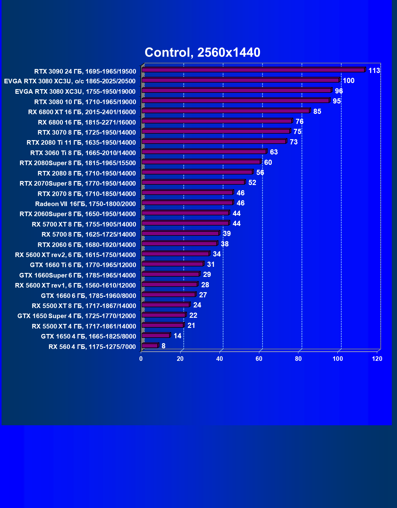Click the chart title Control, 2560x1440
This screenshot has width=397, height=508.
pyautogui.click(x=202, y=53)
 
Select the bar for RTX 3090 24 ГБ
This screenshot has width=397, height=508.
pyautogui.click(x=253, y=70)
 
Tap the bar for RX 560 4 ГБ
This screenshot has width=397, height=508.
pyautogui.click(x=150, y=346)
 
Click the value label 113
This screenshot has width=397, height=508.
pyautogui.click(x=374, y=71)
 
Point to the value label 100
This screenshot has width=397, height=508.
pyautogui.click(x=348, y=81)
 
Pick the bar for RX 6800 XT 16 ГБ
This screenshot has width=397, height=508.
pyautogui.click(x=226, y=111)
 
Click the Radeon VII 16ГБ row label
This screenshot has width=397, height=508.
pyautogui.click(x=85, y=204)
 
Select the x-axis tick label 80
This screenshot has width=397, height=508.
pyautogui.click(x=298, y=359)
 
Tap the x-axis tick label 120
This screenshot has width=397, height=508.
pyautogui.click(x=377, y=359)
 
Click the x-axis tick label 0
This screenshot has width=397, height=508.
pyautogui.click(x=141, y=359)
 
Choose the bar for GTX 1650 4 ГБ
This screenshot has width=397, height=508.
pyautogui.click(x=156, y=336)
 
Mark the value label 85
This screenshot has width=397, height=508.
pyautogui.click(x=317, y=111)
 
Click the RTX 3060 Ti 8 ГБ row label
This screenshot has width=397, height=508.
pyautogui.click(x=83, y=153)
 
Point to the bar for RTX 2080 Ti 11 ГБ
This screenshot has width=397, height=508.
pyautogui.click(x=214, y=141)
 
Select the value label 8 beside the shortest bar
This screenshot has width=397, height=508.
pyautogui.click(x=163, y=346)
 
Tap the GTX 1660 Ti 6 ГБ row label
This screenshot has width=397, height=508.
pyautogui.click(x=83, y=265)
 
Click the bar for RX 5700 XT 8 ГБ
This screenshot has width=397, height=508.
pyautogui.click(x=185, y=223)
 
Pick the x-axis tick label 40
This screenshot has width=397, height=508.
pyautogui.click(x=220, y=359)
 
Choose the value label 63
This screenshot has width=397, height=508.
pyautogui.click(x=274, y=152)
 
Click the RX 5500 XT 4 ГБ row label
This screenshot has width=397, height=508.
pyautogui.click(x=84, y=326)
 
